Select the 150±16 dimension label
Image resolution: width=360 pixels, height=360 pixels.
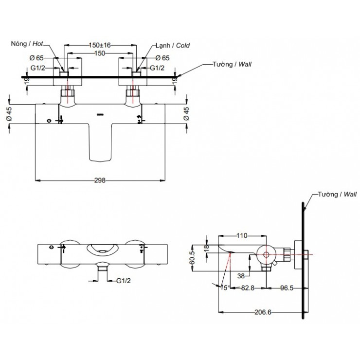tap(100, 45)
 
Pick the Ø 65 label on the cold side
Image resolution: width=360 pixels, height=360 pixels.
tap(162, 58)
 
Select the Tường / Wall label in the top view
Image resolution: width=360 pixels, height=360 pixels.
tap(232, 64)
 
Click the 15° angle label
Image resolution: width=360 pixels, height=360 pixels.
tap(225, 288)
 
